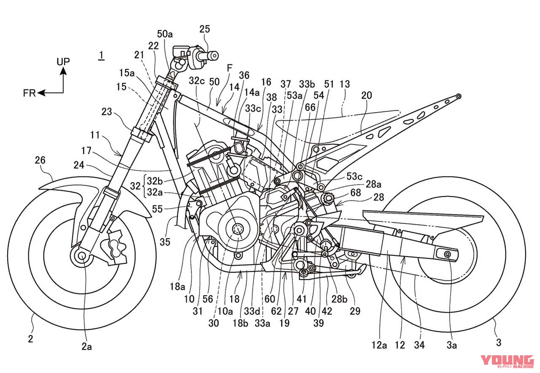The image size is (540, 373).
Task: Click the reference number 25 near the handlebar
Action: [x=204, y=29]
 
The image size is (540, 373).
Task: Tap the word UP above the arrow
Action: [x=63, y=62]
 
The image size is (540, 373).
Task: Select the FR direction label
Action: [x=30, y=93]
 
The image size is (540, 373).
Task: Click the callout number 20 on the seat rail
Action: [x=366, y=96]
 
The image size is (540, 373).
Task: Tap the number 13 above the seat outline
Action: [x=345, y=84]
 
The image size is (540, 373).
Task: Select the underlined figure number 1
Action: [x=101, y=55]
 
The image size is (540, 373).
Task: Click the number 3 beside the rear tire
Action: [x=499, y=343]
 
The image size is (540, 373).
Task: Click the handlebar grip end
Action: [x=213, y=55]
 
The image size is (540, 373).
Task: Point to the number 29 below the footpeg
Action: [x=355, y=312]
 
